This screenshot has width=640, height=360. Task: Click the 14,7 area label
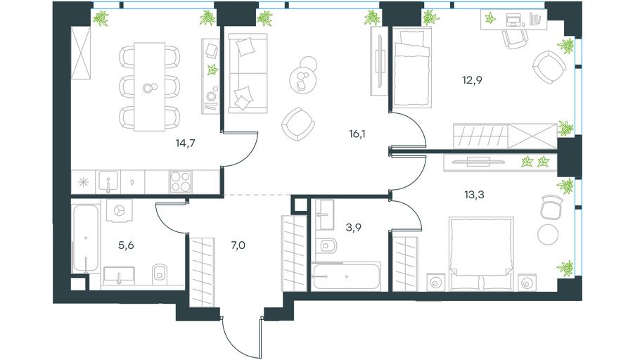pyautogui.click(x=185, y=143)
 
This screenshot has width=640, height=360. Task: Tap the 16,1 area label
pyautogui.click(x=357, y=134)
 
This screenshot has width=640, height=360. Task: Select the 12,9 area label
pyautogui.click(x=472, y=80)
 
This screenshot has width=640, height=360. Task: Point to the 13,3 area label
pyautogui.click(x=474, y=195)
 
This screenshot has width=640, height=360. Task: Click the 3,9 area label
pyautogui.click(x=353, y=227)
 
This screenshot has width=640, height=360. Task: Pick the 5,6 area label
pyautogui.click(x=126, y=245)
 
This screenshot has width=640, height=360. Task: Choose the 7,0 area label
pyautogui.click(x=238, y=245)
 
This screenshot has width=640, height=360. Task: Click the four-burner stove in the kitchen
pyautogui.click(x=181, y=181)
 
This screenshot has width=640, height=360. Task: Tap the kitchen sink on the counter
pyautogui.click(x=108, y=181)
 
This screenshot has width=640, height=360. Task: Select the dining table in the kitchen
pyautogui.click(x=149, y=87)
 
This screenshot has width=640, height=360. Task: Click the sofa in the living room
pyautogui.click(x=248, y=73)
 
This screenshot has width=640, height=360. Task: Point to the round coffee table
pyautogui.click(x=302, y=79)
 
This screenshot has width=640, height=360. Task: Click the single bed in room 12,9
pyautogui.click(x=412, y=67)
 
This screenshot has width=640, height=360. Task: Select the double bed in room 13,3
pyautogui.click(x=480, y=254)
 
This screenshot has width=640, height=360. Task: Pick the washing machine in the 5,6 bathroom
pyautogui.click(x=120, y=210)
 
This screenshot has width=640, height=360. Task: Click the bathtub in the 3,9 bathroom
pyautogui.click(x=346, y=277)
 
